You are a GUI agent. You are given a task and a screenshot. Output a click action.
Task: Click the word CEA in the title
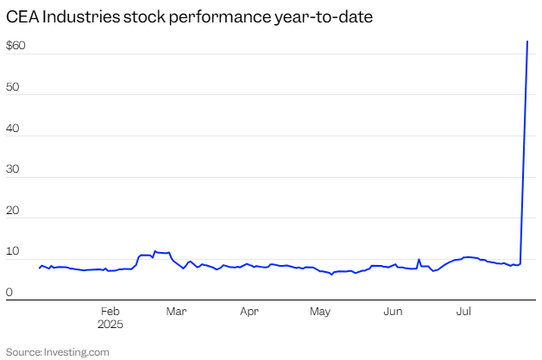22,16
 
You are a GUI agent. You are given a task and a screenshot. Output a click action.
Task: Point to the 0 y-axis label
9,291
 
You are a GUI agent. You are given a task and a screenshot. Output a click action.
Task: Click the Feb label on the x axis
110,311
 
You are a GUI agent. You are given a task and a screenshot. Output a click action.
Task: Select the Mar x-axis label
177,311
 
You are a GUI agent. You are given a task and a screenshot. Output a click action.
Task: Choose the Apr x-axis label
249,311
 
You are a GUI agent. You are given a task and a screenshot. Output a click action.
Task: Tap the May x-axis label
320,311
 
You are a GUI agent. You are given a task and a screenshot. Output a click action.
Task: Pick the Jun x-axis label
394,311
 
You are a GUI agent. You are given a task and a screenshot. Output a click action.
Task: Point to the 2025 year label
110,325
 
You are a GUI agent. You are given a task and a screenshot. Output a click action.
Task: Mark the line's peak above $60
527,41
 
